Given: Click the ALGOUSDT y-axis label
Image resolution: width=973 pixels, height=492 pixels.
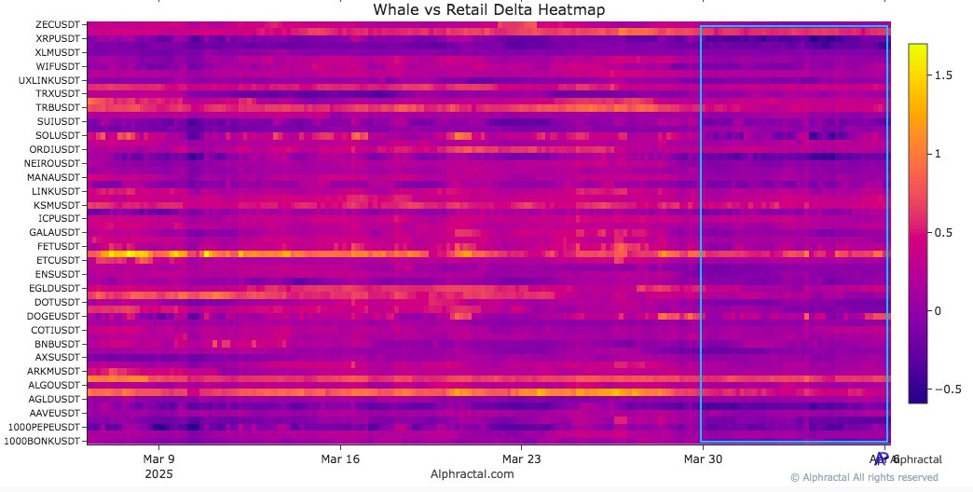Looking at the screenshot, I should pyautogui.click(x=55, y=385).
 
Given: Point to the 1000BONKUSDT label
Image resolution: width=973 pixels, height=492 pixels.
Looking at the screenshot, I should pyautogui.click(x=47, y=440).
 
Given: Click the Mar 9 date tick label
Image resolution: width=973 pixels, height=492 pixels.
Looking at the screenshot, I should pyautogui.click(x=158, y=459).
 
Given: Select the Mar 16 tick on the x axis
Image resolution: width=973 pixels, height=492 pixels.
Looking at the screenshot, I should pyautogui.click(x=340, y=459).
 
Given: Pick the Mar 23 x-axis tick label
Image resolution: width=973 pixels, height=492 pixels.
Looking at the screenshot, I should pyautogui.click(x=522, y=459).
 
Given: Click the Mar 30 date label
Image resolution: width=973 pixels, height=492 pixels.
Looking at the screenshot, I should pyautogui.click(x=703, y=459).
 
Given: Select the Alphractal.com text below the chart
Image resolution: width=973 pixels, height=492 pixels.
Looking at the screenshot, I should pyautogui.click(x=473, y=474).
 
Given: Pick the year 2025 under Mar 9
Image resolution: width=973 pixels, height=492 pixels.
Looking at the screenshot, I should pyautogui.click(x=158, y=473).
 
